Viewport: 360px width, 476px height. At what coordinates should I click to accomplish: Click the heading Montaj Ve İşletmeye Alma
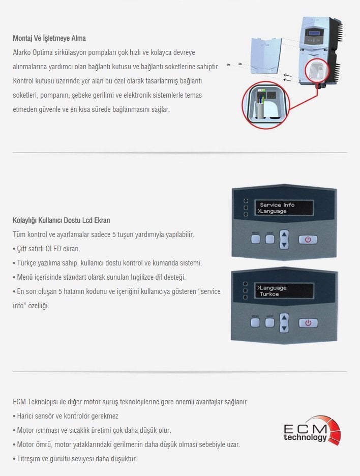coord(49,38)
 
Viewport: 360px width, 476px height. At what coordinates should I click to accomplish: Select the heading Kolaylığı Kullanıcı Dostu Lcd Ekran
coord(62,220)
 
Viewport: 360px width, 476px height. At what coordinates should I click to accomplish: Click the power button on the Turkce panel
coord(308,323)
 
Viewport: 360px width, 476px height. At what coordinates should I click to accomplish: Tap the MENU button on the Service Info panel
coord(255,239)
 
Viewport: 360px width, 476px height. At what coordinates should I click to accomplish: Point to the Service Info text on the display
coord(277,204)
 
